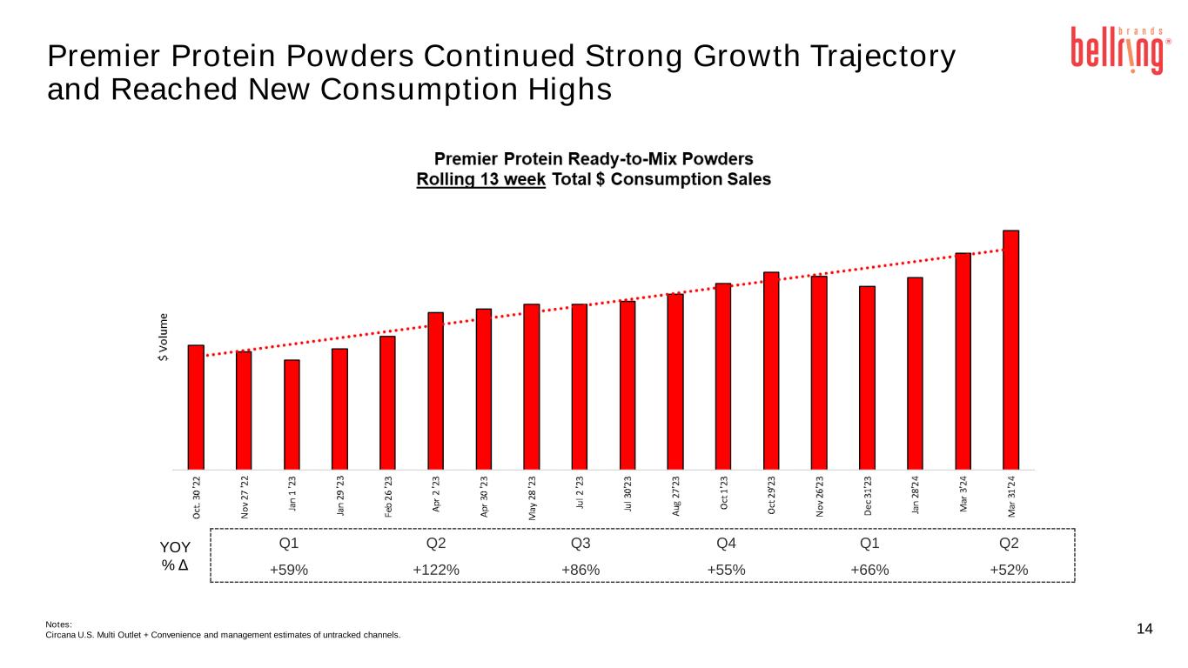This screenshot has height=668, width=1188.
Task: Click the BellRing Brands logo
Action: pos(1118,50)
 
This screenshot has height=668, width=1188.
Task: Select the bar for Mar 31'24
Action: pos(1010,349)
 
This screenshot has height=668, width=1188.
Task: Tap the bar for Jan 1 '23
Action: pos(292,414)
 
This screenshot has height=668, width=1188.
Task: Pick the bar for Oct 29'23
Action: pos(771,370)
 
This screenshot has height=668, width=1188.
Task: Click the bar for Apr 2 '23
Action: pos(436,390)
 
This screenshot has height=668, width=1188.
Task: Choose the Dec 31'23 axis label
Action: pos(868,498)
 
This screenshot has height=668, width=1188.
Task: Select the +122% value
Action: pos(436,570)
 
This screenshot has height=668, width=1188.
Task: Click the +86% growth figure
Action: pos(581,570)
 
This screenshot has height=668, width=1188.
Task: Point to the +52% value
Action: pos(1009,570)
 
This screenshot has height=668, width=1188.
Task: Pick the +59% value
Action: pos(288,570)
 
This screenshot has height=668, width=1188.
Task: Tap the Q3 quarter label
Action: pos(581,544)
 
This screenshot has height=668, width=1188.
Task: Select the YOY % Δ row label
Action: pos(177,556)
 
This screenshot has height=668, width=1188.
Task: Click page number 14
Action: pos(1144,629)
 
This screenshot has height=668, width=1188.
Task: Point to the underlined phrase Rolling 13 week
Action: pos(480,179)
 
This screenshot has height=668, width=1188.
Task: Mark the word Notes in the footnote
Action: pos(58,623)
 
